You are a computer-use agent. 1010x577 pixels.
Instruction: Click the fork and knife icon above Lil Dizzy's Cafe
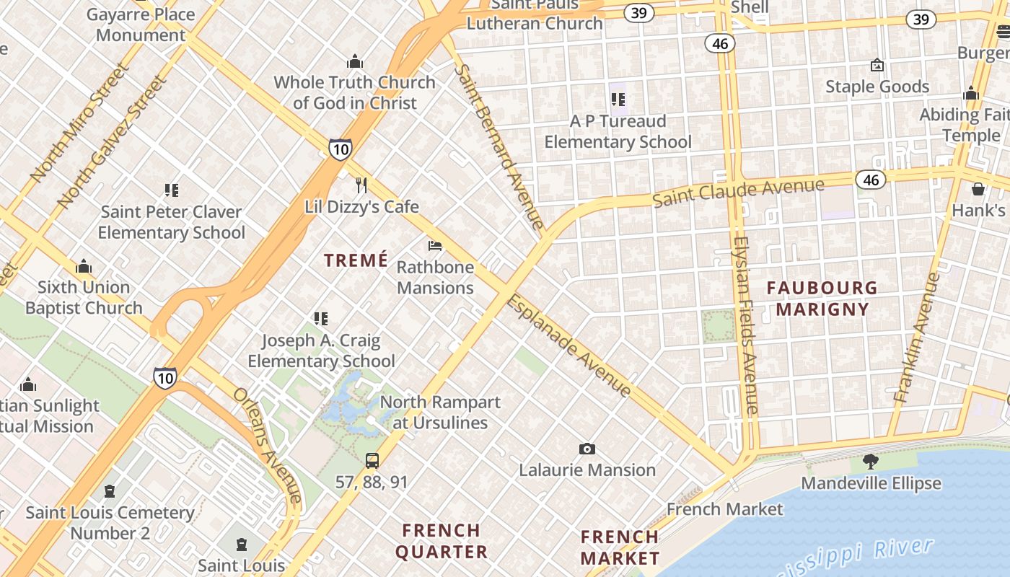361,185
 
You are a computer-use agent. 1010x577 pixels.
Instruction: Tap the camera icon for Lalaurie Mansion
587,449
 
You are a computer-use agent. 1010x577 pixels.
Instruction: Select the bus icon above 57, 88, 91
372,460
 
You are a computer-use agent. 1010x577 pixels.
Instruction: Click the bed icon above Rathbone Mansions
435,246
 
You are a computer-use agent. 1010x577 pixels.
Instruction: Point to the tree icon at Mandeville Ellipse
871,462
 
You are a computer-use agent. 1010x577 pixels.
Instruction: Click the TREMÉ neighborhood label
356,260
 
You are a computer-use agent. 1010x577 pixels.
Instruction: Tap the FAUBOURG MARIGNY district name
817,299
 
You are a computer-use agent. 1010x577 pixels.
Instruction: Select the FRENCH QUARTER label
441,541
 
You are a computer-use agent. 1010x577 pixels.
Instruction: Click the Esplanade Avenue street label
568,347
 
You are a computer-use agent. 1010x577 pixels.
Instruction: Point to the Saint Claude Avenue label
738,193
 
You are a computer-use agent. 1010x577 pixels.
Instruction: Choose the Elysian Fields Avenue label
745,325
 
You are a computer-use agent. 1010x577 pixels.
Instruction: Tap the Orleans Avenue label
267,445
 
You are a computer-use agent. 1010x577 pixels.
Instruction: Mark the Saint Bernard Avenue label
499,147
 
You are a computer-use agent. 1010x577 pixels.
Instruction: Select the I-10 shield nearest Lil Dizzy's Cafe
341,149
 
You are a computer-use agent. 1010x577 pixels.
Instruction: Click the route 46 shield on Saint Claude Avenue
871,180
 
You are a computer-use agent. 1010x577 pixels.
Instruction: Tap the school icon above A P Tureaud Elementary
618,100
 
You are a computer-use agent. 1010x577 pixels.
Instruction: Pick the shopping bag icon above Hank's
978,189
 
